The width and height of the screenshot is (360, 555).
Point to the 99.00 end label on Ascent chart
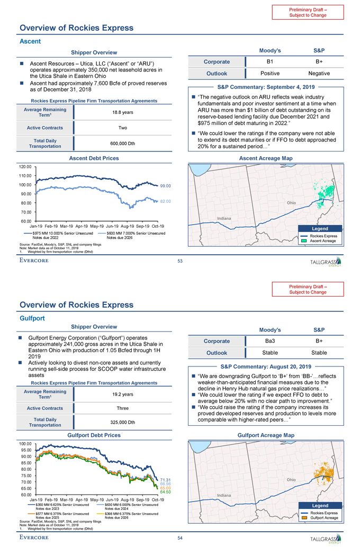point(166,186)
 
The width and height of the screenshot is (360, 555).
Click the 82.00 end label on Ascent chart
point(166,201)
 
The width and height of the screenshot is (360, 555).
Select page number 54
point(180,538)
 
